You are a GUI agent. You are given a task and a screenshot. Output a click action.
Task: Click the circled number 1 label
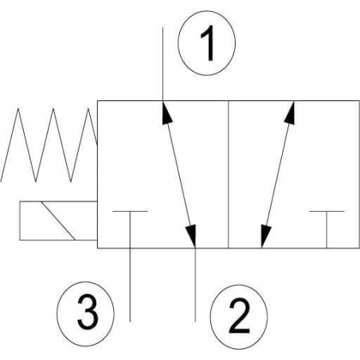(206, 43)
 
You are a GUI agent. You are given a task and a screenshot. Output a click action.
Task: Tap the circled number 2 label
(239, 317)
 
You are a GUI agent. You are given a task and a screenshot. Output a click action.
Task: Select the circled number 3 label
(85, 314)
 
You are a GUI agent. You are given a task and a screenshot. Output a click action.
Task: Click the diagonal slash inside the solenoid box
(58, 221)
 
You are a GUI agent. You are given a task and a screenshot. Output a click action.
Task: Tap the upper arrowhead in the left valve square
(166, 112)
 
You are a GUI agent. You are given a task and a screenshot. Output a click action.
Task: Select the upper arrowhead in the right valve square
(291, 112)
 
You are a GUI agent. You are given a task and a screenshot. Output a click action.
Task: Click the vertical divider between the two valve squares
(229, 174)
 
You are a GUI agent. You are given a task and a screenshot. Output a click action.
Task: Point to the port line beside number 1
(162, 64)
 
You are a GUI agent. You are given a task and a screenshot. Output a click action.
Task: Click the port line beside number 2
(195, 285)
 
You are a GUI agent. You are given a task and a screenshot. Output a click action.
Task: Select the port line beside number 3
(130, 285)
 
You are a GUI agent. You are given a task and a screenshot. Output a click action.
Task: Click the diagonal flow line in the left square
(179, 174)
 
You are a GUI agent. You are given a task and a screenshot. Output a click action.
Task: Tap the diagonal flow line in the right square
(278, 174)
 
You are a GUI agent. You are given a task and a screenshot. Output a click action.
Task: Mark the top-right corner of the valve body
(359, 101)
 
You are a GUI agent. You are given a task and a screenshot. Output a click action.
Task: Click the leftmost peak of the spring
(18, 108)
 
